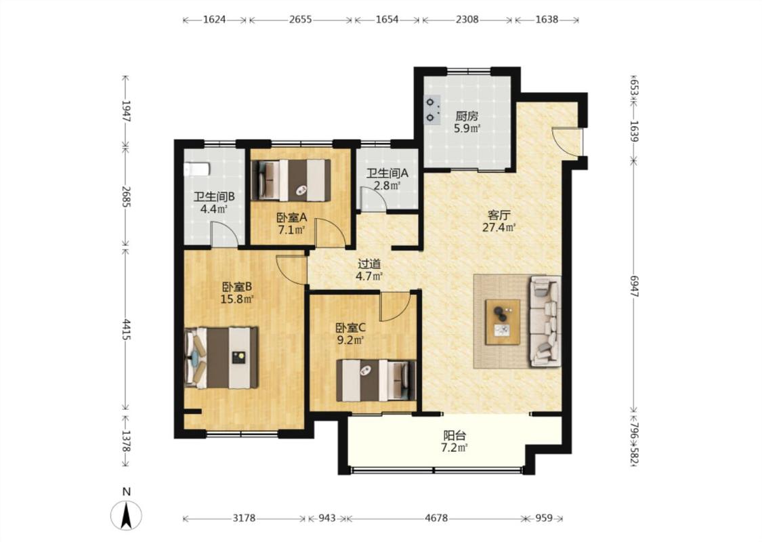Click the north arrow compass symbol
[127, 515]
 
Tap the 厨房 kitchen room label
[467, 117]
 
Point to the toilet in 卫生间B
[196, 169]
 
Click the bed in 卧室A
[291, 180]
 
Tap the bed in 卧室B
[221, 358]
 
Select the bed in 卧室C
[377, 380]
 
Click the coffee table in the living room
[503, 322]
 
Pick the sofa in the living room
[545, 321]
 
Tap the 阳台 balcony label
[454, 436]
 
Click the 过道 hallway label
[369, 264]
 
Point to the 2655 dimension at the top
[300, 20]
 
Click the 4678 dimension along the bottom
[436, 518]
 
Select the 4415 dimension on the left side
[127, 329]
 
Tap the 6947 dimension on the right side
[634, 286]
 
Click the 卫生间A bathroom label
[387, 173]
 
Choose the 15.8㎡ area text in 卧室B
[237, 299]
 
